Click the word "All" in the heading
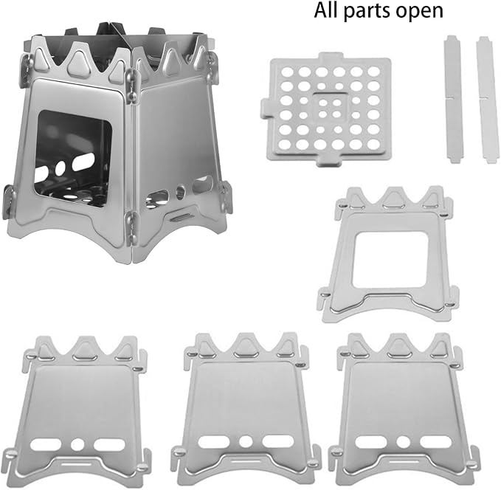point(327,10)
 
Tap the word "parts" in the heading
point(367,13)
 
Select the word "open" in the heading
point(419,13)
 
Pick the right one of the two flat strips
point(487,100)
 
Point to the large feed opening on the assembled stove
point(73,158)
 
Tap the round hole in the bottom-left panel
point(77,444)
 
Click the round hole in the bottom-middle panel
point(246,441)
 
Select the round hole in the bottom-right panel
point(403,442)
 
